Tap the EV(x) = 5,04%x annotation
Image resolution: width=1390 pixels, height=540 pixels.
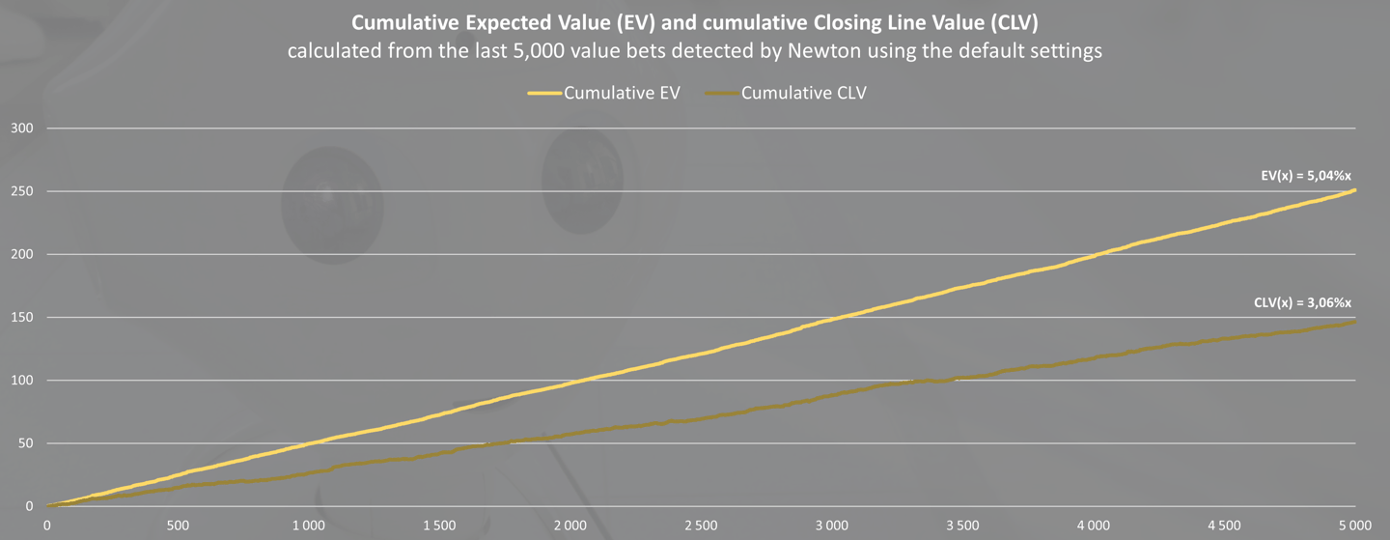tap(1316, 177)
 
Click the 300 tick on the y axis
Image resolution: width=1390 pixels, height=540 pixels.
tap(21, 128)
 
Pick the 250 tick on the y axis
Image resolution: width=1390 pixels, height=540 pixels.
tap(21, 191)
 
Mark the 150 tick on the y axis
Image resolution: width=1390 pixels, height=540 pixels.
tap(21, 317)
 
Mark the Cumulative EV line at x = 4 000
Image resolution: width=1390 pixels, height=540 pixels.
tap(1095, 254)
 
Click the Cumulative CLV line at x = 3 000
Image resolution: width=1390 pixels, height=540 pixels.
tap(833, 396)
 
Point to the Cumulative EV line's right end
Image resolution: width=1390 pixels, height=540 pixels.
tap(1355, 190)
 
